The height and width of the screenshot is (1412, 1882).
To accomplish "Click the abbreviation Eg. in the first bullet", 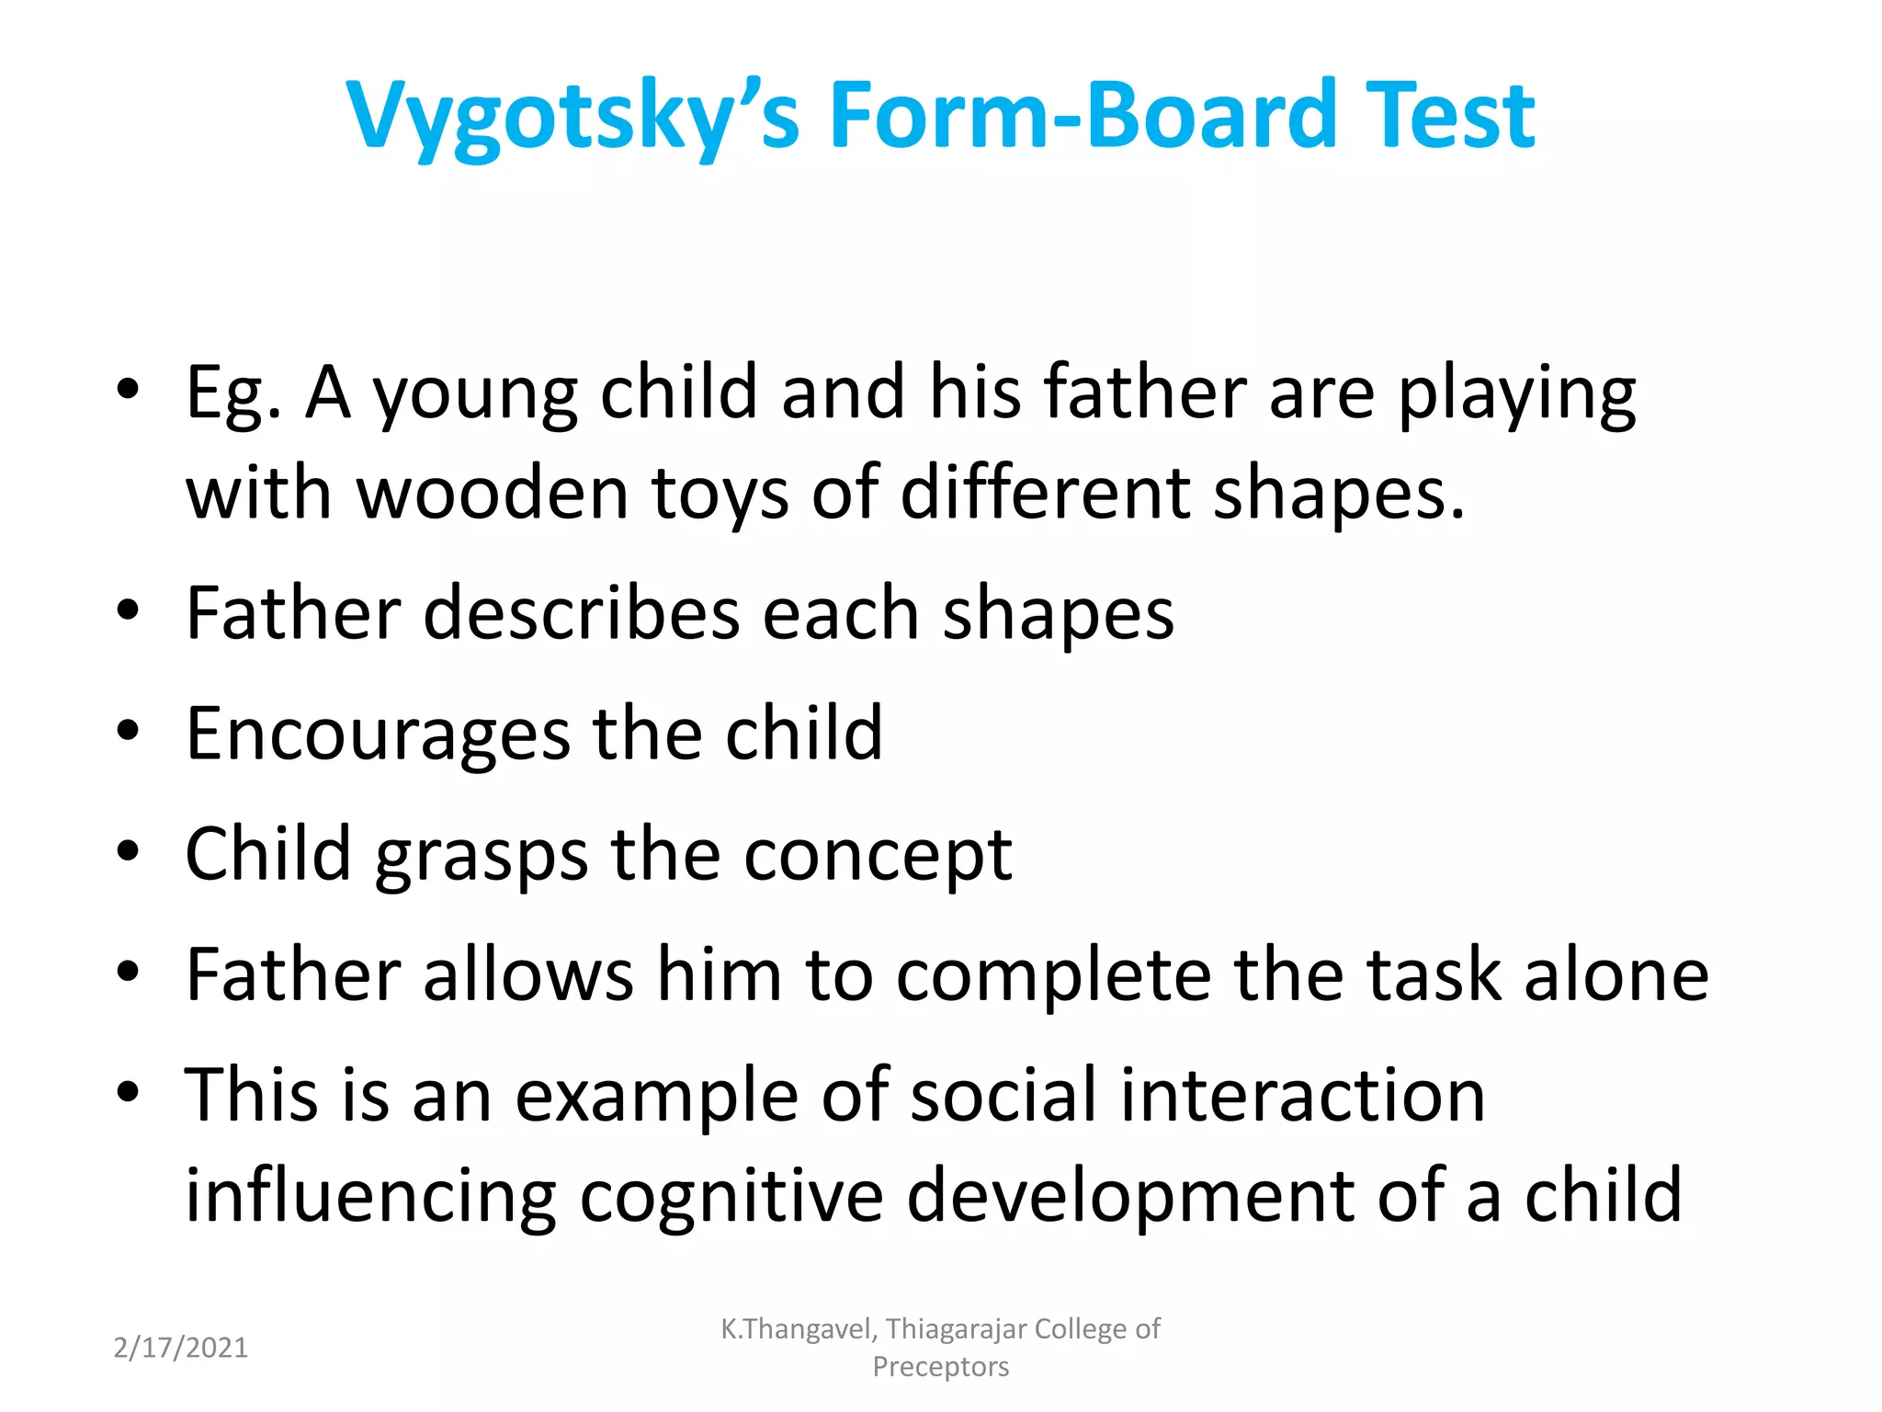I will click(232, 393).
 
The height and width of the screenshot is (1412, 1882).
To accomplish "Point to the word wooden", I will click(492, 493).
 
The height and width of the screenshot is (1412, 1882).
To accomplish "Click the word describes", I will click(581, 614).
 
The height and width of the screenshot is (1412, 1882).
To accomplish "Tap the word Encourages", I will click(378, 735).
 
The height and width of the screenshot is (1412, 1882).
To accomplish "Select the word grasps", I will click(482, 857).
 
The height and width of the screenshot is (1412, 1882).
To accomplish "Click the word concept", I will click(878, 857).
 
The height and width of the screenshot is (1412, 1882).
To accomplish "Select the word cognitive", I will click(731, 1197).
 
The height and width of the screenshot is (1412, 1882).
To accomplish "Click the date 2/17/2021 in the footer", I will click(180, 1348).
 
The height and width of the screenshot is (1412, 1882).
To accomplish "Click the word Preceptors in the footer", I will click(940, 1367).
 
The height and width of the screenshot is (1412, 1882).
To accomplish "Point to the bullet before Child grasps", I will click(129, 851).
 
